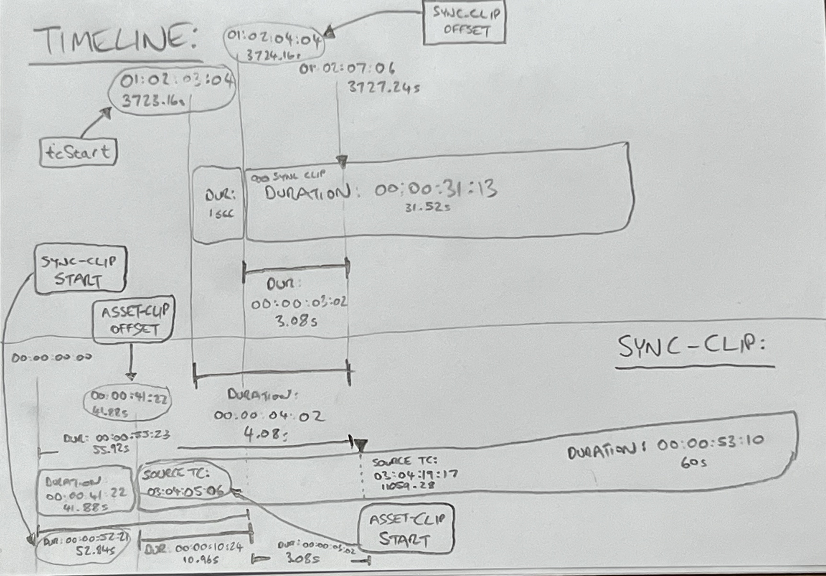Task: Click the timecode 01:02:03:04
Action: [176, 81]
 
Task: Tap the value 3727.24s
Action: [383, 87]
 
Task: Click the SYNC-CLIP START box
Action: [80, 270]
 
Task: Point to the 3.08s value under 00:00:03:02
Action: [296, 321]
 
